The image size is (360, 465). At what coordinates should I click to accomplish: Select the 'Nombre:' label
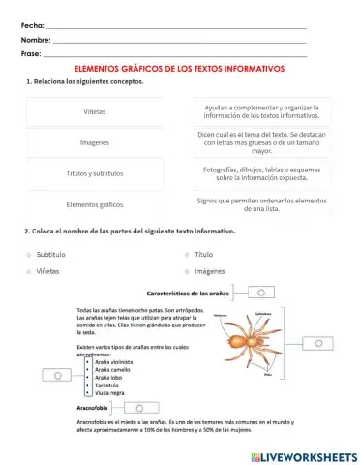pos(35,40)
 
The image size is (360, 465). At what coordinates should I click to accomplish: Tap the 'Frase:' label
pos(31,54)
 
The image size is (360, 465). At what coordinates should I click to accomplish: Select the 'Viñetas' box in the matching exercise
pos(94,111)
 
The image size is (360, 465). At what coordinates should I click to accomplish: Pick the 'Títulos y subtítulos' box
pos(94,173)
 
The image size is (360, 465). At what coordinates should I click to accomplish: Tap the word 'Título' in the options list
pos(203,253)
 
